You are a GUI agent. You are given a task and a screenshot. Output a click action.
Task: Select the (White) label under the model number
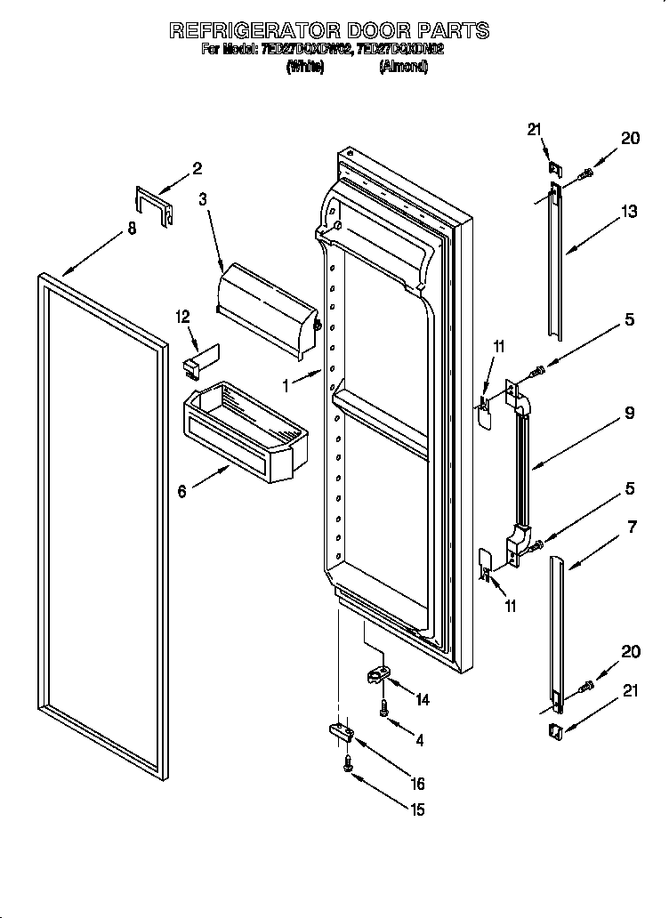(304, 67)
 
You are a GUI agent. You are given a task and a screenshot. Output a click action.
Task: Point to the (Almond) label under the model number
(403, 67)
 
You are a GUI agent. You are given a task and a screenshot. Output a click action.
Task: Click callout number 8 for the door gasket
(132, 228)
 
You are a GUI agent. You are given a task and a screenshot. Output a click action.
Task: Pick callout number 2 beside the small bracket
(197, 168)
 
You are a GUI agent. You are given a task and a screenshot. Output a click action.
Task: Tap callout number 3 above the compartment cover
(203, 200)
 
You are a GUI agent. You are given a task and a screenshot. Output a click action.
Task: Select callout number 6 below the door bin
(181, 491)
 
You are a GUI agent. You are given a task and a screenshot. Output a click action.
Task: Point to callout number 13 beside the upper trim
(629, 211)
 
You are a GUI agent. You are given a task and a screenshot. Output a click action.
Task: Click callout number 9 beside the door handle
(629, 412)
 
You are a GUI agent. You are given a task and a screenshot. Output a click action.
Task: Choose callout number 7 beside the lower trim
(632, 528)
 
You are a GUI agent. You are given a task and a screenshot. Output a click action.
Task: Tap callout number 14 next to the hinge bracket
(422, 700)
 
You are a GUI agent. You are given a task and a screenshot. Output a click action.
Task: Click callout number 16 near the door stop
(417, 784)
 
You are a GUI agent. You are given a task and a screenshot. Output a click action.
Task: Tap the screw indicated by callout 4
(383, 709)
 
